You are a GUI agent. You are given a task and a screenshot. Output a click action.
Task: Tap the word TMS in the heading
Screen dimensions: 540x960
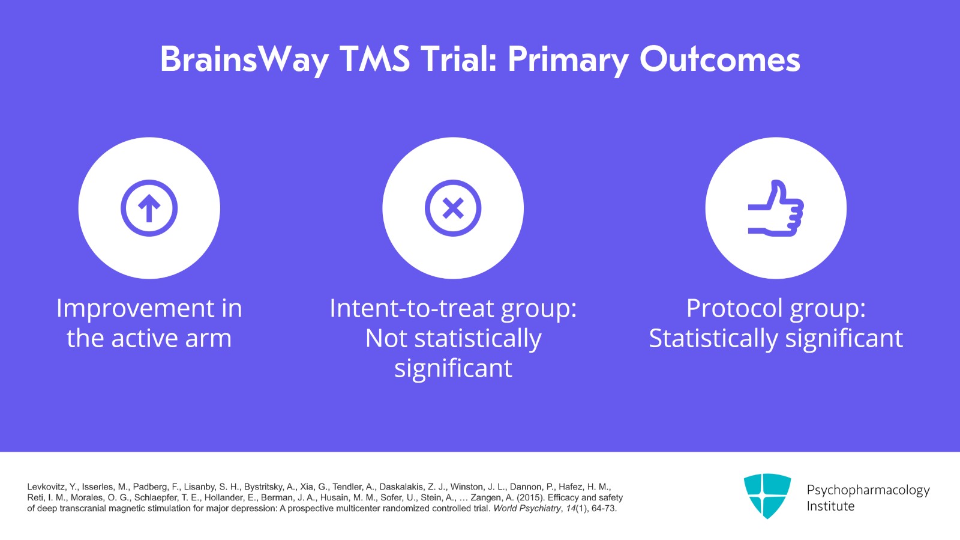point(374,59)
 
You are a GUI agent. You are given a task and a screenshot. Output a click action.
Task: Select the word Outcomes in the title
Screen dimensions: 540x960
point(719,59)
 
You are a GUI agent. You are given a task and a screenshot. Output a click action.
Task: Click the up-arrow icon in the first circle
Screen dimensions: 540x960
point(149,208)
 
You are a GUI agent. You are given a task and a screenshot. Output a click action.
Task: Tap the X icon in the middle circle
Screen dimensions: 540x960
point(453,208)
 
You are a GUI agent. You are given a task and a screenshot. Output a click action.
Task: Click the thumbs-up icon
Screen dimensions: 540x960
point(775,208)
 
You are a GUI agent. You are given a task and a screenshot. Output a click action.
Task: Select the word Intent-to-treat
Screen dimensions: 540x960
point(412,309)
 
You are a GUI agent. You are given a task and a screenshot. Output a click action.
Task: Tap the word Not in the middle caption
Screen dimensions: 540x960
point(386,339)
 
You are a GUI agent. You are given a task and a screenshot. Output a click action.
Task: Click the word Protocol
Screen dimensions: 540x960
point(734,309)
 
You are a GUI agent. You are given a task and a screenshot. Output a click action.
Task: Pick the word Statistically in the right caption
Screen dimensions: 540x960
point(713,339)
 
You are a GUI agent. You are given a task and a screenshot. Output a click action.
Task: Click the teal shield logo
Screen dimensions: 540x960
point(767,495)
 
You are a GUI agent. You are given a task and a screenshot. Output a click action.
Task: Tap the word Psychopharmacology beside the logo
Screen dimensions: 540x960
point(868,490)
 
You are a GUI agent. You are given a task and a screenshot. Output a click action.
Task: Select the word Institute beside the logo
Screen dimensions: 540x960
point(830,506)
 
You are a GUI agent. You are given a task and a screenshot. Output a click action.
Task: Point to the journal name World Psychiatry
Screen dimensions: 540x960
point(527,509)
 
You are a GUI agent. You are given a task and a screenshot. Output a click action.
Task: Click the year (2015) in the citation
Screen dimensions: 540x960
point(530,498)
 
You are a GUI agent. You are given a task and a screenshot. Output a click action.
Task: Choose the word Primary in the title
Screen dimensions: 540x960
point(568,59)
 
